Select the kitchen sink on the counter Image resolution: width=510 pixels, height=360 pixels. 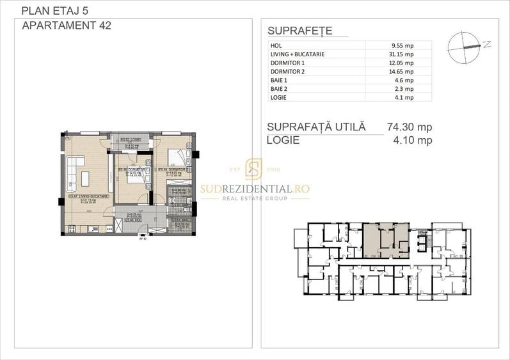[92, 229]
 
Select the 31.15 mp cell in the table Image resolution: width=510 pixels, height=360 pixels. [401, 54]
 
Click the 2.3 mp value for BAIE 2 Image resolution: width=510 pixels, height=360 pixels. [404, 89]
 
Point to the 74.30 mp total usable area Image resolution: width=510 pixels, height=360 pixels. [410, 127]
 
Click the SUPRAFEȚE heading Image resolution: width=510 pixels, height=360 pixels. [299, 31]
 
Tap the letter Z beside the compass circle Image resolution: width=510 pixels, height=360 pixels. [487, 44]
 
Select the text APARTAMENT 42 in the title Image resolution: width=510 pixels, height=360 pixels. [66, 26]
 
